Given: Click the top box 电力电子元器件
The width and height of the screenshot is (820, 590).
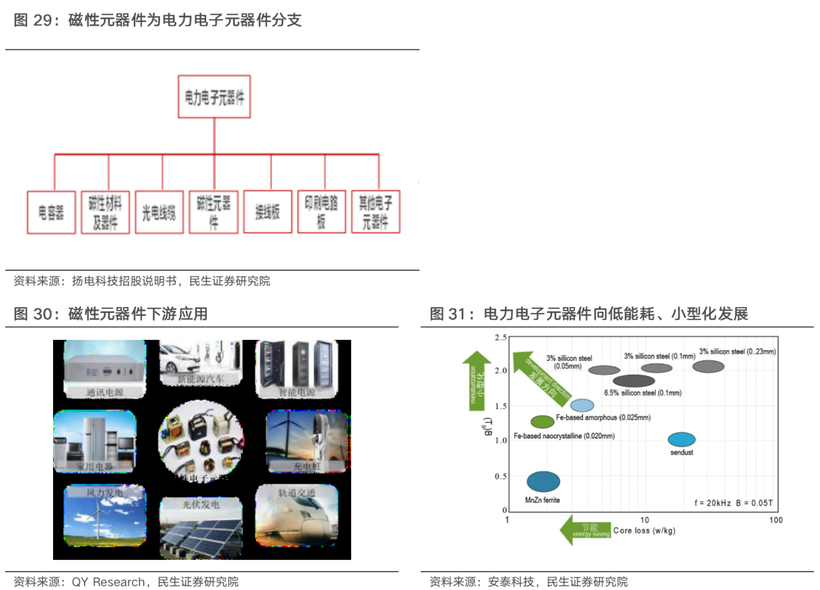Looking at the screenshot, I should tap(214, 97).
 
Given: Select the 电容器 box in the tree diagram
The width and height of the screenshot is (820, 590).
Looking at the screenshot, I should tap(51, 212).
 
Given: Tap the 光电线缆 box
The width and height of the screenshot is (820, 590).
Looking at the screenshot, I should tap(159, 212).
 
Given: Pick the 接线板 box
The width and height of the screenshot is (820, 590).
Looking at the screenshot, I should tap(267, 212).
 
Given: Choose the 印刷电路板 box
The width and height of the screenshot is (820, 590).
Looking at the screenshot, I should tap(322, 212).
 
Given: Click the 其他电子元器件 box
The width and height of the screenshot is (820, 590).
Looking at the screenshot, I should tap(375, 212).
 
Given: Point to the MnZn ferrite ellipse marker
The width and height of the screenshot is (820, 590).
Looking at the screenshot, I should tap(543, 481).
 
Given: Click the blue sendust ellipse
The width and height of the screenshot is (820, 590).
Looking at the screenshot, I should tap(682, 439).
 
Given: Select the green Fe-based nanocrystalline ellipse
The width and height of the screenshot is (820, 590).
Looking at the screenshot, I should tap(542, 421).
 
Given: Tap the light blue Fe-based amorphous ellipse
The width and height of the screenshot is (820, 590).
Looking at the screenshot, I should tap(582, 405).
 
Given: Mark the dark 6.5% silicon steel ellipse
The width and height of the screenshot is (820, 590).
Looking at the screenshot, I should tap(634, 381).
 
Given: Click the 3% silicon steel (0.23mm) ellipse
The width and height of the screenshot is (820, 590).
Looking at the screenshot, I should tap(708, 366).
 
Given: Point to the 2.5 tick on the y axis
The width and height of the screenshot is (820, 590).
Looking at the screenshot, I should tap(500, 338).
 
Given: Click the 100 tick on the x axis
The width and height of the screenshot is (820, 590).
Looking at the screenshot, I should tap(776, 520).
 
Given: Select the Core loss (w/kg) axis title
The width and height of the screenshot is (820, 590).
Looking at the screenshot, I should tap(644, 531).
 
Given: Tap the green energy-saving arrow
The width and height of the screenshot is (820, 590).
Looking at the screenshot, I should tap(584, 530).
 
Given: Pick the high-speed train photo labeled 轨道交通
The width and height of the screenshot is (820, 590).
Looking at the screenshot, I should tap(296, 515).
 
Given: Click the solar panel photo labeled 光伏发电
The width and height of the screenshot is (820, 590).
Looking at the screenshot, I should tap(201, 527).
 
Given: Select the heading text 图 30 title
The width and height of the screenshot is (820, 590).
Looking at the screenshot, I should tap(111, 314).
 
